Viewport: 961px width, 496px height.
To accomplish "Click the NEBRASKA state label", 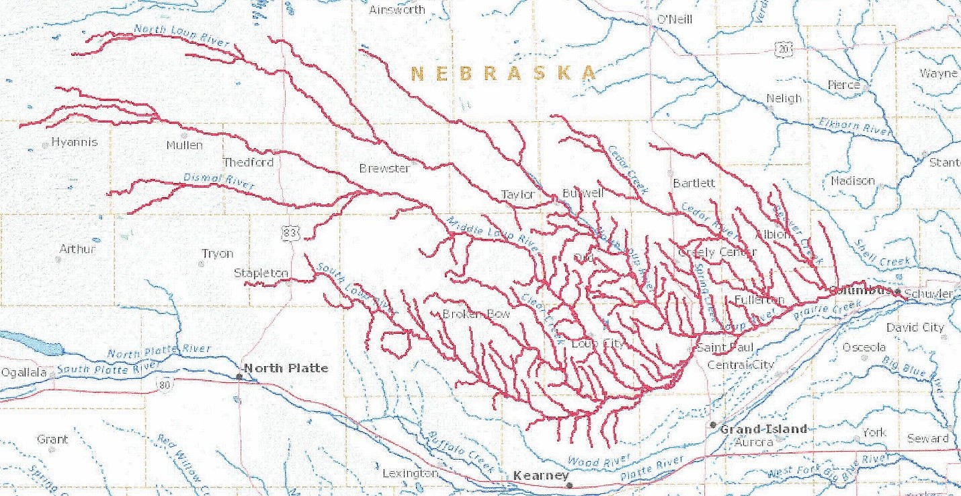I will (x=503, y=73).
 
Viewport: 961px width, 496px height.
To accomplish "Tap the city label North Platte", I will (x=285, y=368).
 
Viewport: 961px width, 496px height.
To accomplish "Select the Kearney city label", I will (x=540, y=476).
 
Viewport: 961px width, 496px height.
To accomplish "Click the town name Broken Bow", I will (x=476, y=314).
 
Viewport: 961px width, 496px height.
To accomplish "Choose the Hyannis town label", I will (x=74, y=142).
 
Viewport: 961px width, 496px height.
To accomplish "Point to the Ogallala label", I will (x=24, y=373).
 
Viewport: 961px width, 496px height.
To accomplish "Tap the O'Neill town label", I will (x=674, y=20).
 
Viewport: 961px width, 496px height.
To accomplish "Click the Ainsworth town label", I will (x=397, y=9).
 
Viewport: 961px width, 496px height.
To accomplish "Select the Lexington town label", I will (x=409, y=473).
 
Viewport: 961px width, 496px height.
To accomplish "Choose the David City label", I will (x=915, y=327).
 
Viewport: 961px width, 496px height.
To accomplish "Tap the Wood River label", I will (x=599, y=462).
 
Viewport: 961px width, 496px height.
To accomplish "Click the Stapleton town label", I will (x=261, y=273).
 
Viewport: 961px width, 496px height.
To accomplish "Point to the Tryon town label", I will (x=217, y=254).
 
